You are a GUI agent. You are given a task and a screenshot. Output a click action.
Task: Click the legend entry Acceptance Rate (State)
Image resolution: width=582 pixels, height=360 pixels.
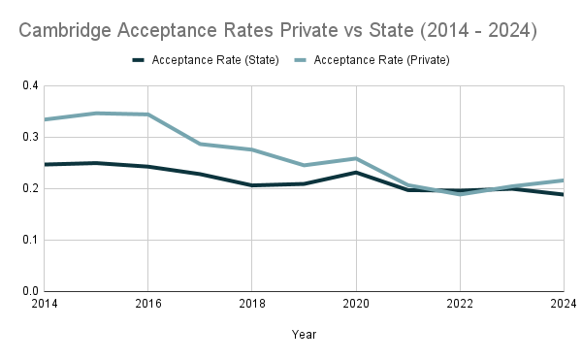pos(216,60)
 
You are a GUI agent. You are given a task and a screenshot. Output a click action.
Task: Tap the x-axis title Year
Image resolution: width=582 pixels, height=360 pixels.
pos(304,334)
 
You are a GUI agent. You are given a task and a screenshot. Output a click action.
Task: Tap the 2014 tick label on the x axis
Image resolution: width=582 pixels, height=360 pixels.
pos(43,304)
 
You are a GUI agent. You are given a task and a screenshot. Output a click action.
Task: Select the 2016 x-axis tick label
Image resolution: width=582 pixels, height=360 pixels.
pos(147,304)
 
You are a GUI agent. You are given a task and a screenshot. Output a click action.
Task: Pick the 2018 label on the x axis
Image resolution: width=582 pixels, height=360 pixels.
pos(252,304)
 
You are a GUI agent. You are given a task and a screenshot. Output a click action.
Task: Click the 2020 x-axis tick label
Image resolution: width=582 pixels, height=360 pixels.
pos(356,304)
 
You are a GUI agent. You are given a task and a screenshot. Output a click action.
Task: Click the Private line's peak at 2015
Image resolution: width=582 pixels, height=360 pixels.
pos(96,114)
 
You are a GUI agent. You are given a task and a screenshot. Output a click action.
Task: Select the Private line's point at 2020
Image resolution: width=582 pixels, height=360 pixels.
pos(356,158)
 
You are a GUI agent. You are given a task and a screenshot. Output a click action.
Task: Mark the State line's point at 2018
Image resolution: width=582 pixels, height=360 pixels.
pos(252,185)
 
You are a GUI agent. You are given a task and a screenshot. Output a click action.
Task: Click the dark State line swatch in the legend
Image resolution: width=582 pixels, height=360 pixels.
pos(143,60)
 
